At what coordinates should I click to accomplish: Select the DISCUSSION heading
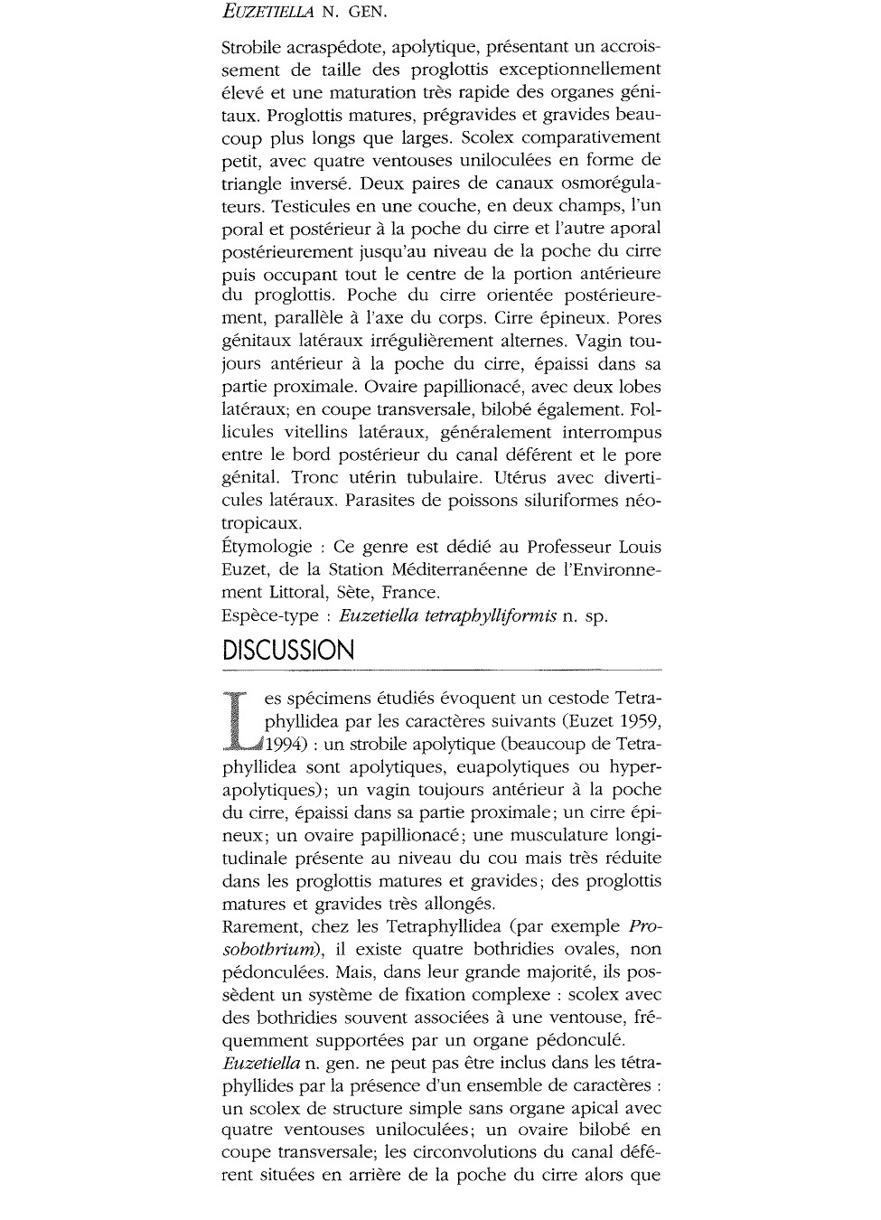click(288, 651)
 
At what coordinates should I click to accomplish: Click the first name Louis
click(640, 548)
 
